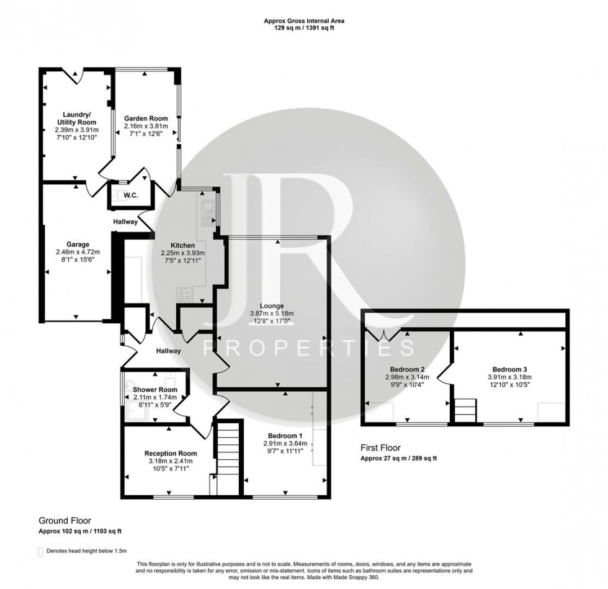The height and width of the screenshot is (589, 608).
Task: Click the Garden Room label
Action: pos(146,118)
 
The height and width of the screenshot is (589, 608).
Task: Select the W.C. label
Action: pos(130,196)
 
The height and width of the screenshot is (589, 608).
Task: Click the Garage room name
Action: pos(78,244)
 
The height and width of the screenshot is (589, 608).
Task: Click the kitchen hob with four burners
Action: pos(185,294)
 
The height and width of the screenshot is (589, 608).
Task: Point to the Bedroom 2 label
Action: pos(403,369)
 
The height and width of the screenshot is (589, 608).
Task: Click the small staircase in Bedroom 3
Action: pos(465,410)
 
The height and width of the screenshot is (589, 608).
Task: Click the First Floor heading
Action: pos(381,447)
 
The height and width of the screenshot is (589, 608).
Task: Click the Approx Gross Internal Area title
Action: pos(303,20)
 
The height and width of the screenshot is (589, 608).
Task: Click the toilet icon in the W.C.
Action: pos(117,196)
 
